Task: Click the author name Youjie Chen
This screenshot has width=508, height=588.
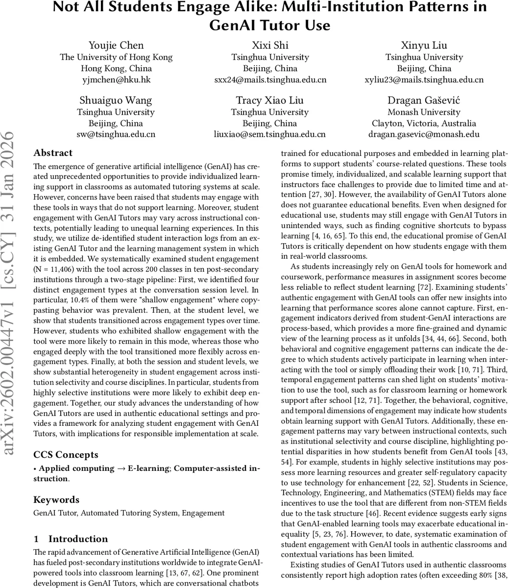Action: [116, 46]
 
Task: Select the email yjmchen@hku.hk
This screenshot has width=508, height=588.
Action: [116, 79]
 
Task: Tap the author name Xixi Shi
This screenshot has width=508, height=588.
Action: [270, 46]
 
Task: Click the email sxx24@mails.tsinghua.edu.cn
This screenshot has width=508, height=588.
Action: [270, 79]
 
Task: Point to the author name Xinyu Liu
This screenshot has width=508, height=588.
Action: [424, 46]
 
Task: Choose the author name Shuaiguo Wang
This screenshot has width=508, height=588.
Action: [116, 100]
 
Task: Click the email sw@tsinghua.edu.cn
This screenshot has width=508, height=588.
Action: [116, 134]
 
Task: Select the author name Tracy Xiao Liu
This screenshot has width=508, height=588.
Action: [270, 100]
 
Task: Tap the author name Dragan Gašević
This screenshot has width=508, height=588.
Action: [424, 100]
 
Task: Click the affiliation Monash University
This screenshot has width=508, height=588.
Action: [424, 112]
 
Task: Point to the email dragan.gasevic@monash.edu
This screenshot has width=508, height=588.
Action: [424, 134]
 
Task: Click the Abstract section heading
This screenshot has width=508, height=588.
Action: [53, 153]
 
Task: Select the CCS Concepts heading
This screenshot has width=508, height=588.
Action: [66, 455]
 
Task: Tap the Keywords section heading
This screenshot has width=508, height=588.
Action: [56, 500]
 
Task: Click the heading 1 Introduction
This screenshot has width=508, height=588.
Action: [71, 539]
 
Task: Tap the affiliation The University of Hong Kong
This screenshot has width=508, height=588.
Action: [116, 57]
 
